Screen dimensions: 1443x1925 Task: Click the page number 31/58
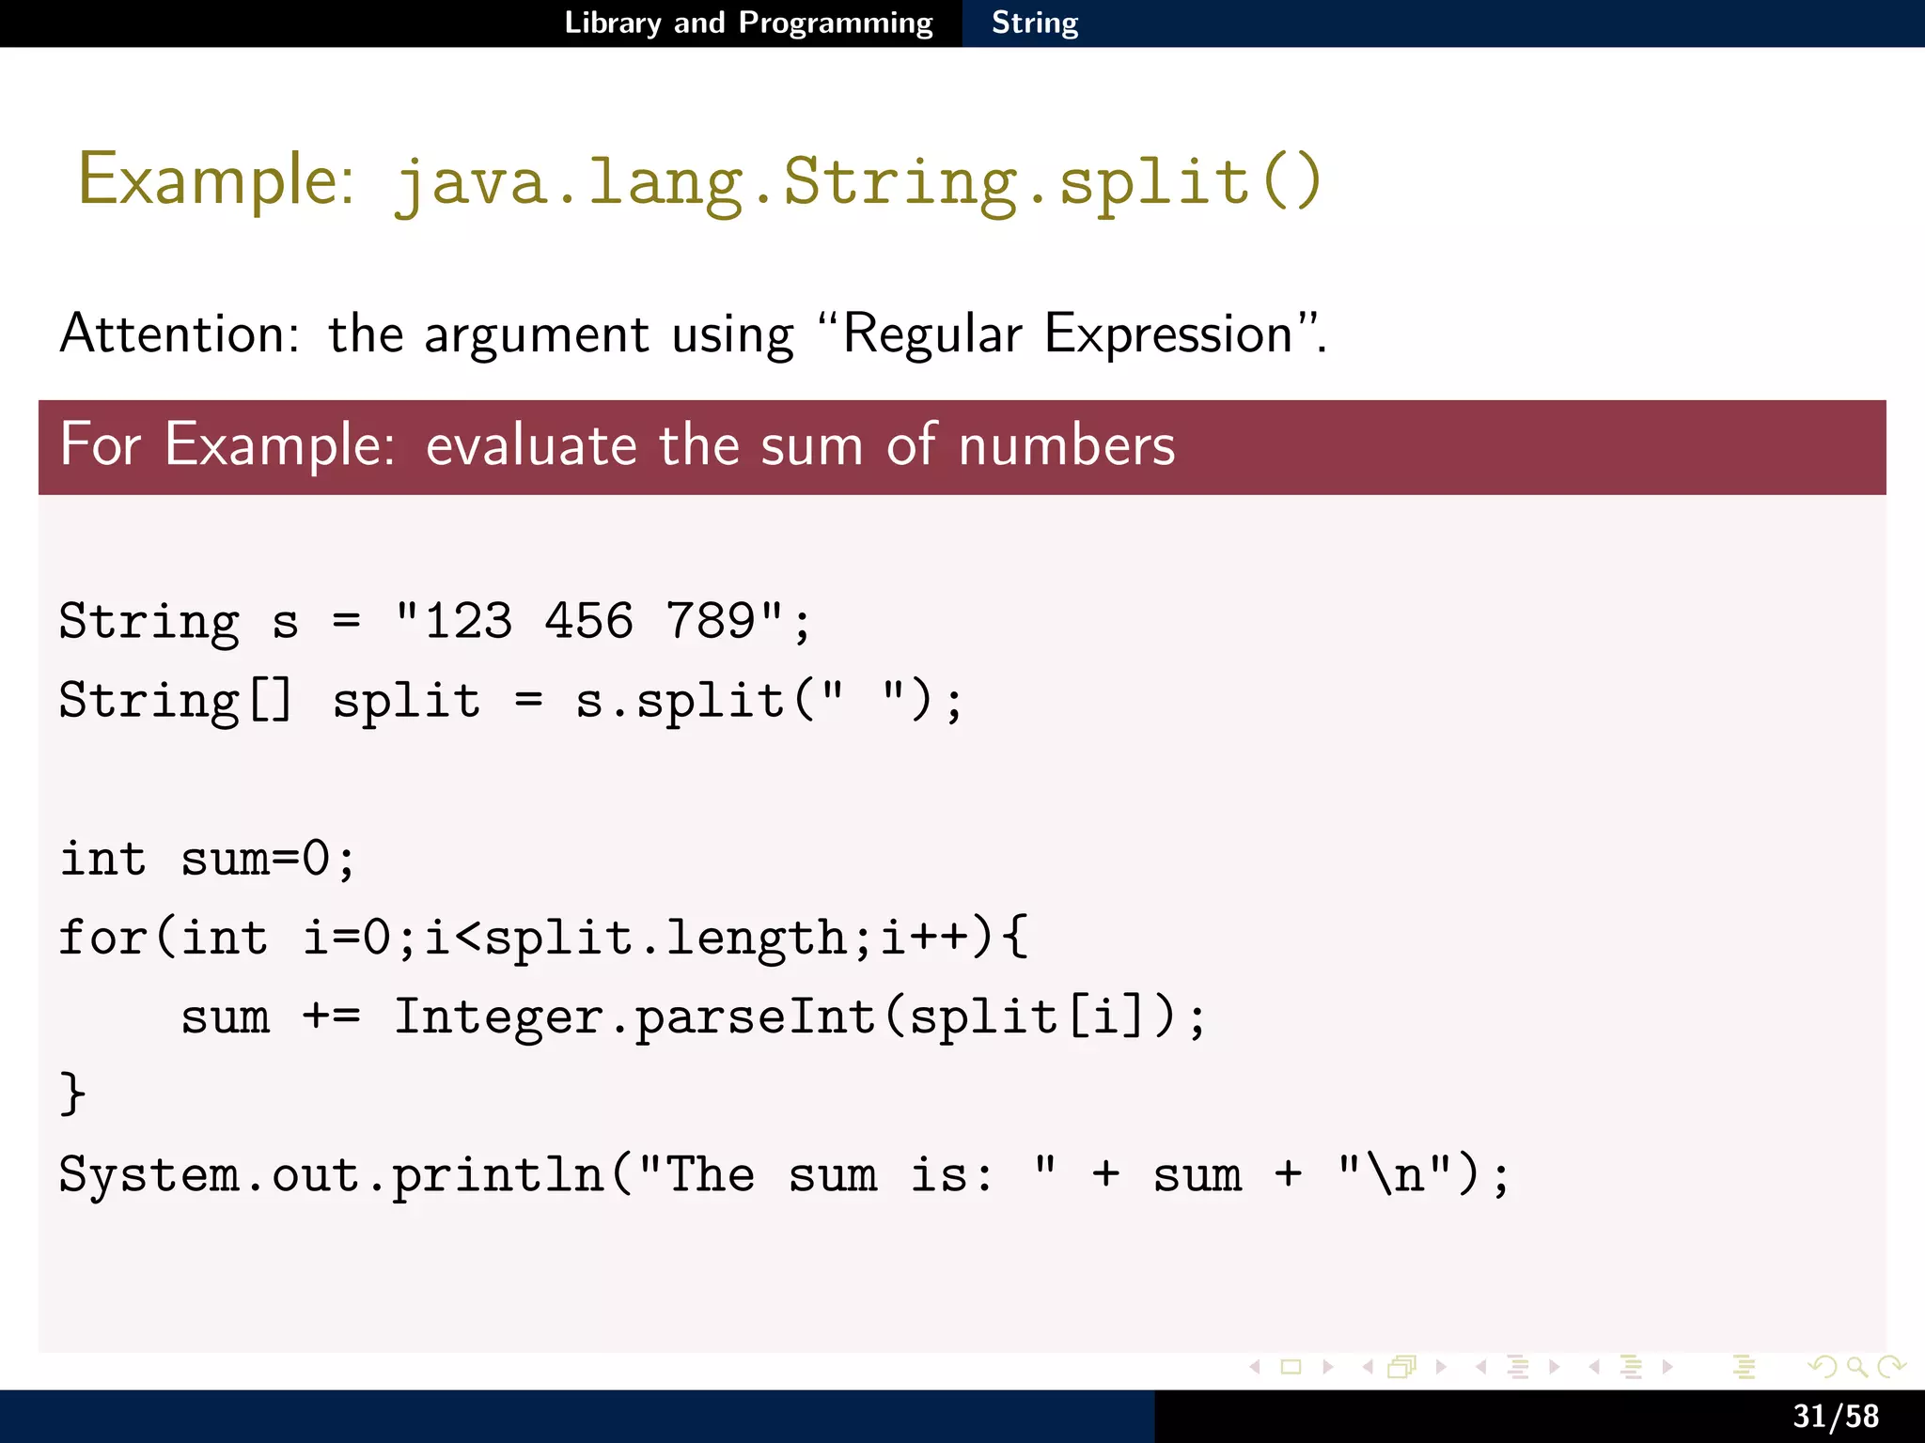pyautogui.click(x=1835, y=1416)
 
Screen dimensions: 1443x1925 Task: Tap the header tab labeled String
pyautogui.click(x=1035, y=23)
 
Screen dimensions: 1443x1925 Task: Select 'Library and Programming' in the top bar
pyautogui.click(x=748, y=23)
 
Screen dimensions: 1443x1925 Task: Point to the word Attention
pyautogui.click(x=179, y=334)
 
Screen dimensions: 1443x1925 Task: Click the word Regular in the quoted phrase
pyautogui.click(x=931, y=334)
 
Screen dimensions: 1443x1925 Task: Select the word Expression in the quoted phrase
pyautogui.click(x=1168, y=335)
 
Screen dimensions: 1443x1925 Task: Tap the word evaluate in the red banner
pyautogui.click(x=531, y=445)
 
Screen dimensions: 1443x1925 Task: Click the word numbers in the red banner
pyautogui.click(x=1067, y=445)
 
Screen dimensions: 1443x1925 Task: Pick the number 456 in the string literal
pyautogui.click(x=589, y=621)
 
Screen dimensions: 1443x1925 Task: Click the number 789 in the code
pyautogui.click(x=711, y=621)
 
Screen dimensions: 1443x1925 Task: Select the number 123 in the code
pyautogui.click(x=468, y=621)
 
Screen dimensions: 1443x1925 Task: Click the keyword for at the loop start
pyautogui.click(x=103, y=937)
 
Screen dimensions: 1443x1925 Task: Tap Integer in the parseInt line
pyautogui.click(x=499, y=1016)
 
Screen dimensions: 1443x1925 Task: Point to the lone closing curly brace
pyautogui.click(x=72, y=1094)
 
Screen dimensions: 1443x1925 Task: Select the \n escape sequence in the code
pyautogui.click(x=1395, y=1174)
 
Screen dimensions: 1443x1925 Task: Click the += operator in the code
pyautogui.click(x=331, y=1016)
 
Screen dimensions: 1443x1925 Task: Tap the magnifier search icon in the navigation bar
pyautogui.click(x=1855, y=1367)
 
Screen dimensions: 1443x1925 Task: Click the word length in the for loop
pyautogui.click(x=756, y=939)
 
